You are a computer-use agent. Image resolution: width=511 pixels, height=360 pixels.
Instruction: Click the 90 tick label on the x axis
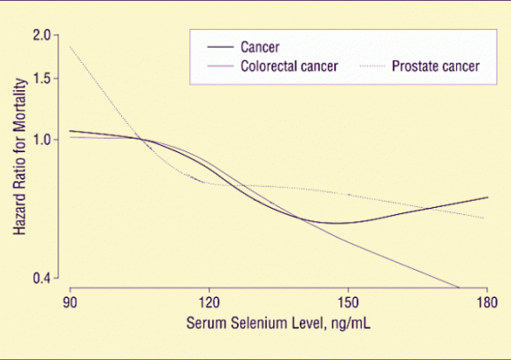click(x=70, y=301)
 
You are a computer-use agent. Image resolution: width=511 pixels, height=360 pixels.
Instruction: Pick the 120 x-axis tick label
click(x=209, y=301)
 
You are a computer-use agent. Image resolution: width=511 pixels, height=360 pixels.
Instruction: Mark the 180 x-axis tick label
click(x=486, y=301)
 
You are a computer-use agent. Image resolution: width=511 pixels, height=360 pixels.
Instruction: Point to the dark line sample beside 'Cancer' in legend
click(x=219, y=49)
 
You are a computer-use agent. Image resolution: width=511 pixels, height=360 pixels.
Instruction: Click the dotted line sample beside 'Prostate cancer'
click(x=378, y=66)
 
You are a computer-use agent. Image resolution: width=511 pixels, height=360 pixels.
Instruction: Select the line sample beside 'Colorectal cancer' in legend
click(x=219, y=66)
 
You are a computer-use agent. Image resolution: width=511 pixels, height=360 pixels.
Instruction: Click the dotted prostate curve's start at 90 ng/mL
click(x=70, y=46)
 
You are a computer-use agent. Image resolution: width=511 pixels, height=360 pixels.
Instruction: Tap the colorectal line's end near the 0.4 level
click(x=459, y=287)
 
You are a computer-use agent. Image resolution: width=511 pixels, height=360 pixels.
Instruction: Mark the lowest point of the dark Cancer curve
click(x=336, y=223)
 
